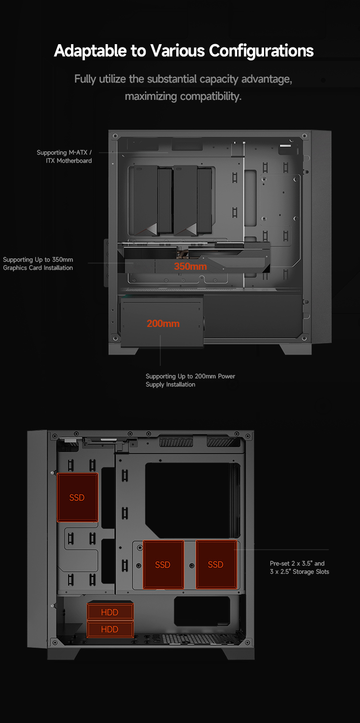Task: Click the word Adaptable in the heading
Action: pyautogui.click(x=90, y=51)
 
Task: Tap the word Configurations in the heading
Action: pyautogui.click(x=261, y=51)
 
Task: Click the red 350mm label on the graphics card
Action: pyautogui.click(x=191, y=266)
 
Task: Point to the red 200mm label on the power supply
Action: pyautogui.click(x=163, y=324)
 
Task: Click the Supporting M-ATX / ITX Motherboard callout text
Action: pyautogui.click(x=64, y=157)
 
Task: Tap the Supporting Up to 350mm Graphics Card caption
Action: pyautogui.click(x=38, y=264)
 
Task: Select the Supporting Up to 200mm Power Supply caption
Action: pyautogui.click(x=191, y=380)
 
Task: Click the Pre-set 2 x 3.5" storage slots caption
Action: pyautogui.click(x=300, y=567)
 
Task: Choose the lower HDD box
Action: pyautogui.click(x=110, y=629)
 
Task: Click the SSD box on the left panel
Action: pyautogui.click(x=77, y=497)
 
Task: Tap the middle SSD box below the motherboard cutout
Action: pyautogui.click(x=163, y=565)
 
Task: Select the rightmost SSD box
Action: pyautogui.click(x=216, y=565)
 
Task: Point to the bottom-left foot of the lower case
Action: pyautogui.click(x=63, y=654)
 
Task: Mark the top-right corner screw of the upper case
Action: pyautogui.click(x=304, y=136)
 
